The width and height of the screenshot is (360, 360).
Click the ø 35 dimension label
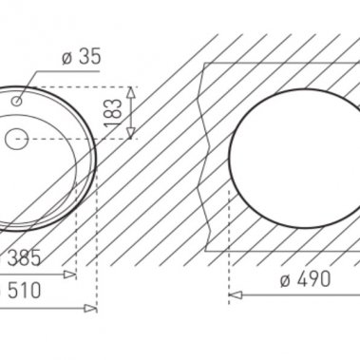(82, 57)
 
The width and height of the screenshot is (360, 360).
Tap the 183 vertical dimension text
(113, 113)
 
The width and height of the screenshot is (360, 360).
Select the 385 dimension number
(24, 257)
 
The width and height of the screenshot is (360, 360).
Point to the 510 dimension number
(25, 291)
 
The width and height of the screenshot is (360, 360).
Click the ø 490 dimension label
(305, 279)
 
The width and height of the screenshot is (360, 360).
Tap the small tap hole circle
(16, 101)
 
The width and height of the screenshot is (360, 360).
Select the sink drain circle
(17, 139)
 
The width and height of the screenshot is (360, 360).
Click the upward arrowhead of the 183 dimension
(131, 92)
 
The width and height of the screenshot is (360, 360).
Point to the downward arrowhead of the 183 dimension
(131, 133)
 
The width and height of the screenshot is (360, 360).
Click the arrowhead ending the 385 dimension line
(70, 275)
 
